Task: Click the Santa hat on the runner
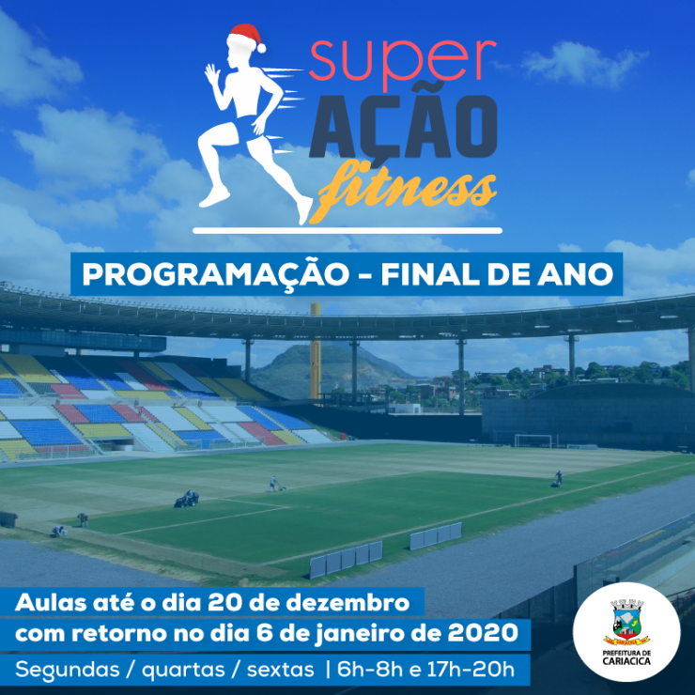245,38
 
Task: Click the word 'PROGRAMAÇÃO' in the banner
216,274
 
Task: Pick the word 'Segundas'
68,670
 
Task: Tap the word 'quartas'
183,671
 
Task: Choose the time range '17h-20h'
471,669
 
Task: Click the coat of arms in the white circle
626,623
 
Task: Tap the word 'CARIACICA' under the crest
626,661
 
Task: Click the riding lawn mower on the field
187,499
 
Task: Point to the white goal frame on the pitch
533,440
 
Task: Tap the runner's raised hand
211,73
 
